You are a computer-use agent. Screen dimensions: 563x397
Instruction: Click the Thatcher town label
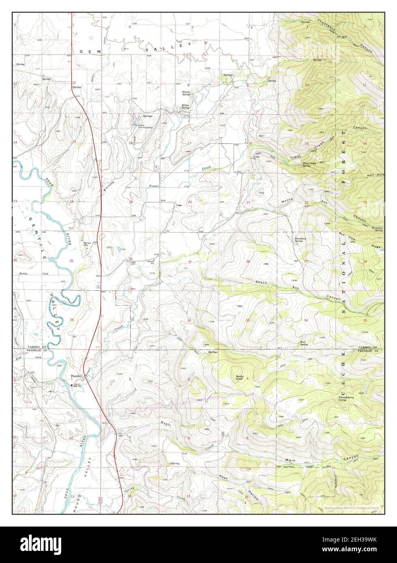tap(77, 376)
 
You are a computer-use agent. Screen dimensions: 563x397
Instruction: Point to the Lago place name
tap(178, 205)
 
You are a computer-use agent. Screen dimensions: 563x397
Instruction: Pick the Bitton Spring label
tap(186, 106)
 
